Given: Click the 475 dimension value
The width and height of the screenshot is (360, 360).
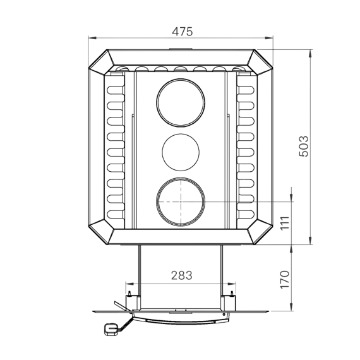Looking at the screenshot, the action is (x=183, y=32).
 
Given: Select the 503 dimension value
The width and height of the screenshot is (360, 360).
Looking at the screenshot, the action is (x=304, y=147).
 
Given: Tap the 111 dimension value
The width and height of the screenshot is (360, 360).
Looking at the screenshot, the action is (x=285, y=223).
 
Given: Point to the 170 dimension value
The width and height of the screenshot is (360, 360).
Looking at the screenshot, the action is (x=285, y=280).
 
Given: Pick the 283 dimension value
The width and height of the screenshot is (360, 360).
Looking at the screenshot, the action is (x=182, y=275).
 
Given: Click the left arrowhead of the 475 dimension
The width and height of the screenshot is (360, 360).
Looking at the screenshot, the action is (x=92, y=38).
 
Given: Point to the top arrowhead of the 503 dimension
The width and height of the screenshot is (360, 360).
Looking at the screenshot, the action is (x=310, y=53).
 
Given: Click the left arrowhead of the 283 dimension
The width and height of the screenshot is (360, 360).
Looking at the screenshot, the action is (x=129, y=284).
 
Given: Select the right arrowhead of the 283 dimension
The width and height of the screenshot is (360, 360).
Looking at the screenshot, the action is (x=232, y=284).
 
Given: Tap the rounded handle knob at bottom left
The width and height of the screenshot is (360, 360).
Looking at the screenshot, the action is (x=111, y=329).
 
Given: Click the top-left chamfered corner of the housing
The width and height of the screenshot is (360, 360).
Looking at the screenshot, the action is (x=102, y=62).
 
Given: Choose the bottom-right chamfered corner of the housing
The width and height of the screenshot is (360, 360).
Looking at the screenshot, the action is (x=260, y=232).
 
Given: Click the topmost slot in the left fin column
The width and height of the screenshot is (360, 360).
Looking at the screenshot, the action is (x=116, y=90).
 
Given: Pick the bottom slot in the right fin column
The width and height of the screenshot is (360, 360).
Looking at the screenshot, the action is (x=246, y=215).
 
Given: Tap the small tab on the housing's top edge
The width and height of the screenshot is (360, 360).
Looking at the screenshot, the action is (x=181, y=49).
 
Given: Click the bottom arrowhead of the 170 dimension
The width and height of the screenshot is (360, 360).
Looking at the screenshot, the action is (x=291, y=307).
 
